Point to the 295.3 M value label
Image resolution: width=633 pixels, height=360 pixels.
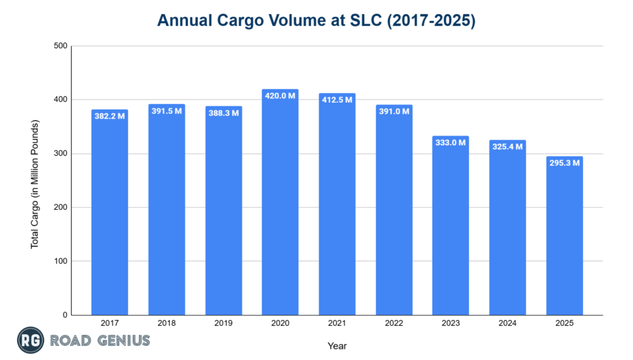564,163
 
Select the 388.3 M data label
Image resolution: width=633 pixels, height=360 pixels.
223,113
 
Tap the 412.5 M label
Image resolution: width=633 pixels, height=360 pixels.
337,100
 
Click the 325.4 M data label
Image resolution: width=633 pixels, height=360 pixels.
508,147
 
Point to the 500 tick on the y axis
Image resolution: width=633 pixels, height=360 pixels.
60,46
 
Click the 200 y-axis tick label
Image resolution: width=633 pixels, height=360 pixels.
60,207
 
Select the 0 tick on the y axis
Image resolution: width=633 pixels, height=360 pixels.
64,315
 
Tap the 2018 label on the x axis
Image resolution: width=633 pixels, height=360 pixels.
166,324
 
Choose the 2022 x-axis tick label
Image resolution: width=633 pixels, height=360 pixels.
394,324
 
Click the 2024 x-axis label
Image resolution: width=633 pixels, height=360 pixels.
508,324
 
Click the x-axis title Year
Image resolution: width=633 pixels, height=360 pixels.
337,346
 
